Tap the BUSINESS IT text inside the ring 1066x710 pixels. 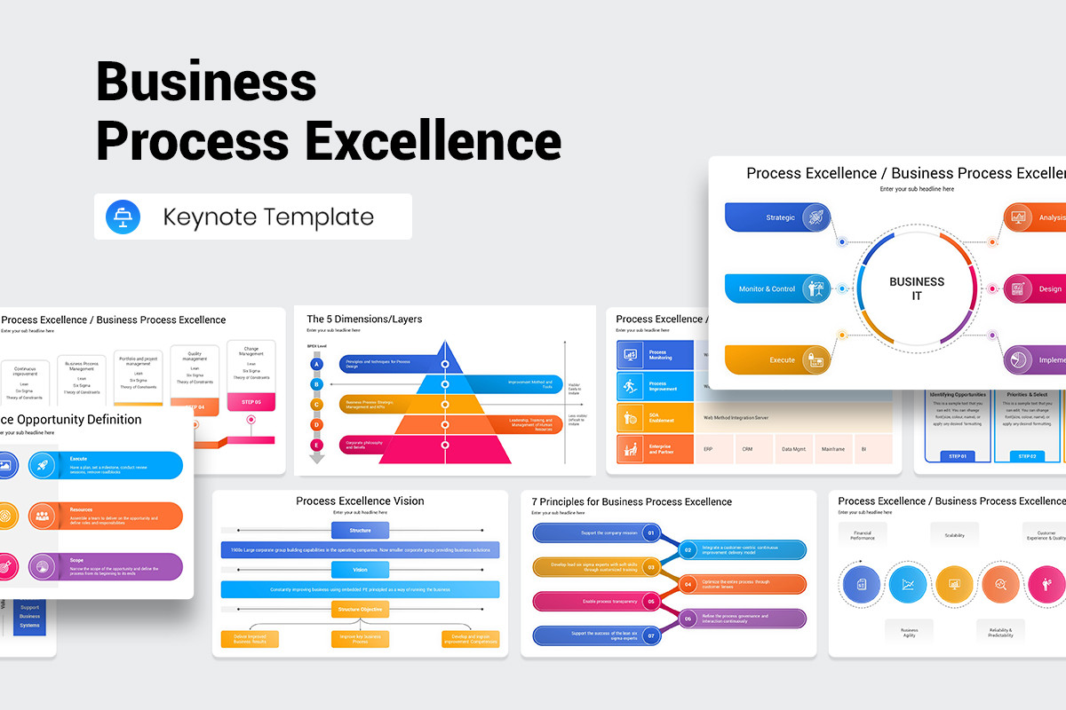[917, 288]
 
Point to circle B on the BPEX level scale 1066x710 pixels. [316, 384]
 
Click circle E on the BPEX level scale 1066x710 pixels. [316, 445]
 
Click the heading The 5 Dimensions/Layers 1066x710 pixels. [364, 319]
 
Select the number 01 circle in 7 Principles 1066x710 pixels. [651, 533]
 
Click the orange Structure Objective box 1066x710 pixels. [360, 610]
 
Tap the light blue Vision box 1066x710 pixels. [360, 570]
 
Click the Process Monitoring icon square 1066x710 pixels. [632, 354]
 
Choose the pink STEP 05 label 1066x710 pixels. [251, 402]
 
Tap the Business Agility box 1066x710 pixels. [909, 632]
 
